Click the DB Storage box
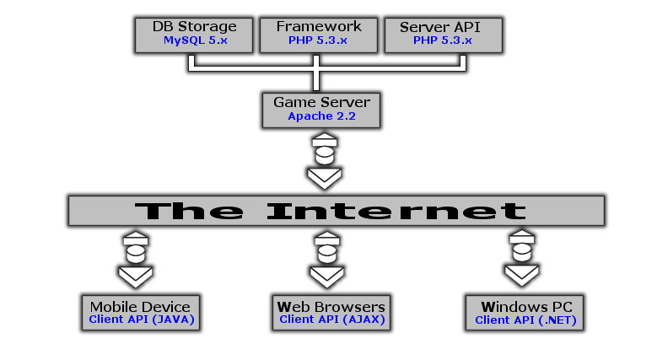pyautogui.click(x=194, y=34)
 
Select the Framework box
pyautogui.click(x=317, y=34)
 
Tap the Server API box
pyautogui.click(x=443, y=34)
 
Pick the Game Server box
pyautogui.click(x=321, y=110)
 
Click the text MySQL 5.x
pyautogui.click(x=196, y=40)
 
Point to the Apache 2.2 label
pyautogui.click(x=321, y=116)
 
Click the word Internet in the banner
pyautogui.click(x=396, y=210)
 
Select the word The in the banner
pyautogui.click(x=193, y=210)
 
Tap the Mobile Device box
pyautogui.click(x=141, y=311)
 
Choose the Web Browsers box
pyautogui.click(x=331, y=311)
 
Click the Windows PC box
pyautogui.click(x=525, y=311)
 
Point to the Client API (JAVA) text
pyautogui.click(x=141, y=320)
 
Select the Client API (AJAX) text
pyautogui.click(x=331, y=320)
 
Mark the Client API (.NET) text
pyautogui.click(x=525, y=320)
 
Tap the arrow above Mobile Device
pyautogui.click(x=135, y=259)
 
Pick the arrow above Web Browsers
pyautogui.click(x=326, y=259)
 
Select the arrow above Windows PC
pyautogui.click(x=522, y=259)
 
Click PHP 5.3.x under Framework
pyautogui.click(x=317, y=40)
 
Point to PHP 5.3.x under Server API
pyautogui.click(x=443, y=40)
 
